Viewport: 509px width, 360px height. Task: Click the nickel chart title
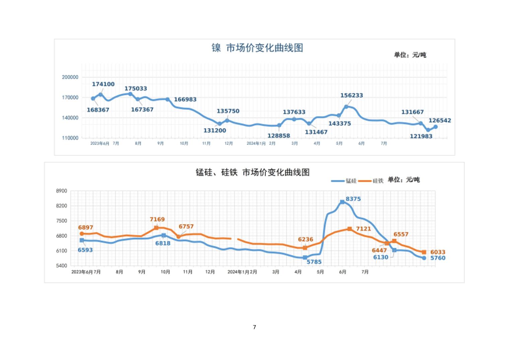click(257, 48)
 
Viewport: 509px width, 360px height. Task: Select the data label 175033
click(136, 88)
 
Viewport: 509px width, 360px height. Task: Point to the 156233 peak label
click(352, 96)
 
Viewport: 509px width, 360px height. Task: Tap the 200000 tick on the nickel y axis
click(70, 77)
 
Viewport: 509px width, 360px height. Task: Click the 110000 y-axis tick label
click(70, 138)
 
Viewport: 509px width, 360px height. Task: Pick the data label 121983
click(421, 136)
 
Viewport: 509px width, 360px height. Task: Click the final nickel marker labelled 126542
click(435, 127)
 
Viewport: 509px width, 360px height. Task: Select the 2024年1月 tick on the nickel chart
click(256, 143)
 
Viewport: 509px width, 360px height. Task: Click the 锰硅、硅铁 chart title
click(252, 172)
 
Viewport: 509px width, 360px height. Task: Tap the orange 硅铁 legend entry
click(371, 181)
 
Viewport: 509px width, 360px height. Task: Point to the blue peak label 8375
click(353, 199)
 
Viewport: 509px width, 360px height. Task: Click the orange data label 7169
click(157, 220)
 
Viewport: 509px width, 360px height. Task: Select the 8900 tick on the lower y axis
click(62, 191)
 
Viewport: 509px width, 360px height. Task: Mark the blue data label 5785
click(314, 262)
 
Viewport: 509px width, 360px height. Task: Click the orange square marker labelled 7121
click(350, 229)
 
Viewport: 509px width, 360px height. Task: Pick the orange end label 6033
click(438, 252)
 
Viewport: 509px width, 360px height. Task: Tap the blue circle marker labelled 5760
click(424, 258)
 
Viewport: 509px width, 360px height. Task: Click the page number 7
click(254, 327)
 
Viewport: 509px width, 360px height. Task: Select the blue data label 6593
click(85, 250)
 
